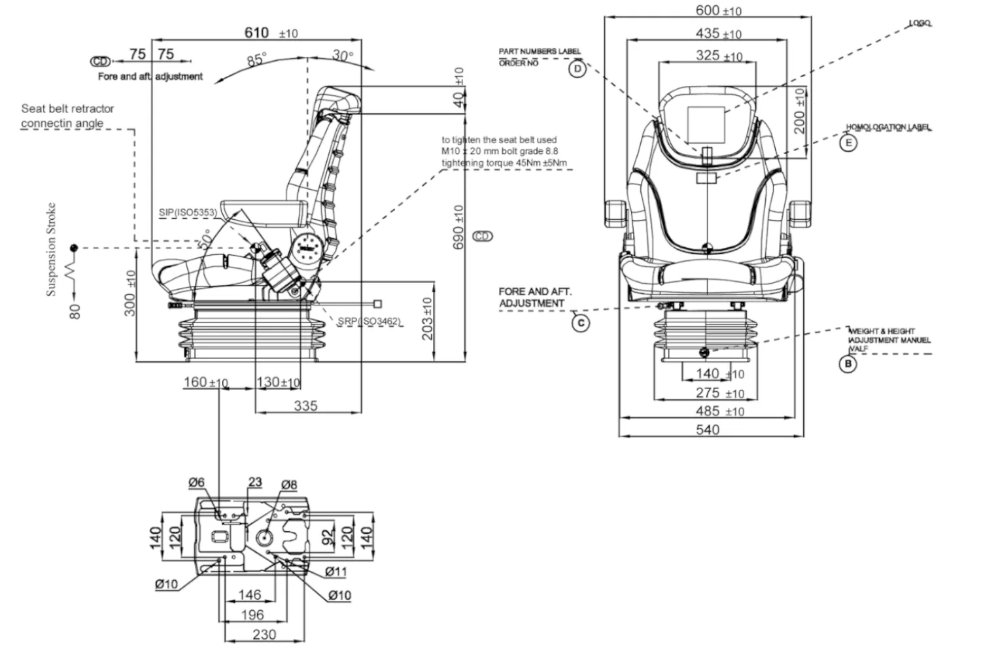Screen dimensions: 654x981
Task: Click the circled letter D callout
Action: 577,69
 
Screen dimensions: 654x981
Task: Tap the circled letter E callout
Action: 848,143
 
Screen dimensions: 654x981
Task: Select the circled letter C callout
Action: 581,322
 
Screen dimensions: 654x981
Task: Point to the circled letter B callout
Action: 848,364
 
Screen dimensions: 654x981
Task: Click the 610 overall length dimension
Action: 257,32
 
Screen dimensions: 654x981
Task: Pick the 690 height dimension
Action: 458,227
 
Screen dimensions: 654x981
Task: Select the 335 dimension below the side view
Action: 305,405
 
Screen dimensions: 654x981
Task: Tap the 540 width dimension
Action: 708,430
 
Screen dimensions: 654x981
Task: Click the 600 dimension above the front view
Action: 708,10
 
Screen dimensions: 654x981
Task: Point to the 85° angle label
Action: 256,60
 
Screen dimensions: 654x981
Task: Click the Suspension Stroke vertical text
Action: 51,249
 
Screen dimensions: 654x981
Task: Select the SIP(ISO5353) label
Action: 188,213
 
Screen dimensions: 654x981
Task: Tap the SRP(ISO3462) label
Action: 369,321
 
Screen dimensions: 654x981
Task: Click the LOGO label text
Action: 920,24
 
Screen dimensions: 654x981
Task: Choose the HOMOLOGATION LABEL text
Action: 888,127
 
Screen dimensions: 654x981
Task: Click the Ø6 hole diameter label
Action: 196,483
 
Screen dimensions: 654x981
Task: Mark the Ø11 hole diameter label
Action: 336,572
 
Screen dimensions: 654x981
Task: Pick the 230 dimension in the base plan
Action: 264,634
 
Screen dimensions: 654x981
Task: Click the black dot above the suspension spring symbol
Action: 74,248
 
